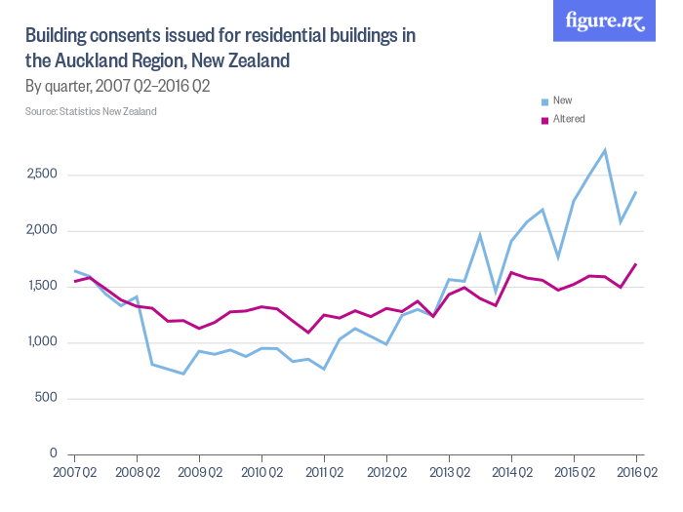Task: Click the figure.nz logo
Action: tap(605, 21)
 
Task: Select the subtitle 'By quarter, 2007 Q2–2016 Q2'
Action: tap(118, 86)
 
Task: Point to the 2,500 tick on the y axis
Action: tap(41, 176)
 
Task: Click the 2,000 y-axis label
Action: tap(41, 231)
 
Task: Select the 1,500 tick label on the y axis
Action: tap(41, 287)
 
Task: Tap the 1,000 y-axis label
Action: tap(41, 342)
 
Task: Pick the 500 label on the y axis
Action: tap(47, 398)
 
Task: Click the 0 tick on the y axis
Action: tap(55, 453)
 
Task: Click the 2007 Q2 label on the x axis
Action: tap(74, 473)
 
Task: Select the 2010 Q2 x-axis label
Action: tap(261, 473)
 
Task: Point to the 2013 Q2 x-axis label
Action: tap(449, 473)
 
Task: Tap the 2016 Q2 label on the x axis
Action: tap(636, 473)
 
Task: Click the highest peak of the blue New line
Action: tap(605, 150)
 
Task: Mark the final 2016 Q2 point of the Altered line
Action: tap(636, 263)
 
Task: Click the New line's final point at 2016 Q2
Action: tap(636, 192)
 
